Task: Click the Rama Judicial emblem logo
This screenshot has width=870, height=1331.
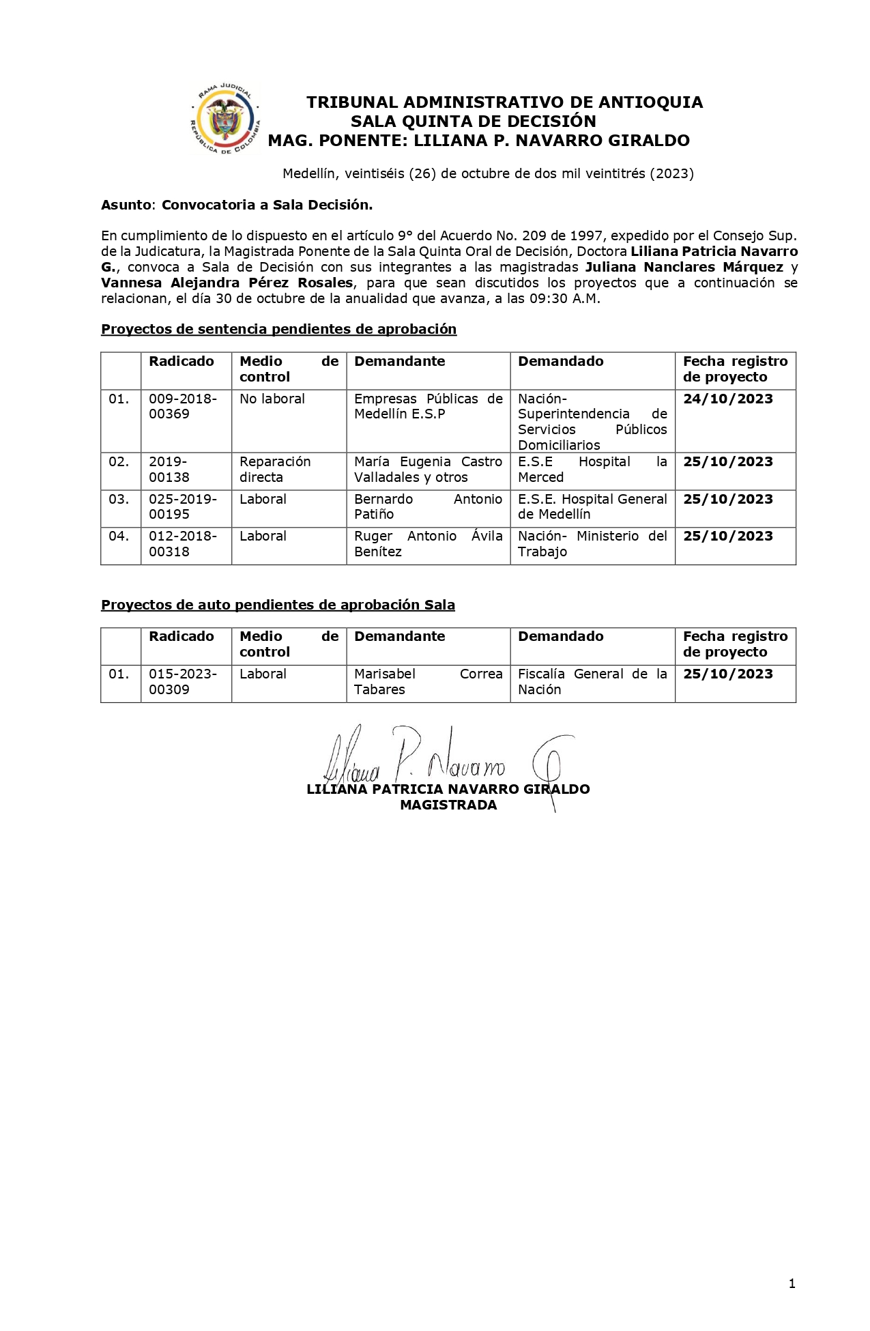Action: tap(225, 119)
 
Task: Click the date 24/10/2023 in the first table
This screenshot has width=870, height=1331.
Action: tap(727, 399)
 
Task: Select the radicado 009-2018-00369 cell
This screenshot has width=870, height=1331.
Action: tap(183, 406)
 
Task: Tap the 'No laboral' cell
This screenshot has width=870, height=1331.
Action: tap(272, 399)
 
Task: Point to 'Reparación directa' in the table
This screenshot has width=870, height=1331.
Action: tap(274, 470)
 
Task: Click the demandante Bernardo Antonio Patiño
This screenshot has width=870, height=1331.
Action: tap(427, 506)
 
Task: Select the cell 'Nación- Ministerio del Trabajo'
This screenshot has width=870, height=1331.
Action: tap(592, 544)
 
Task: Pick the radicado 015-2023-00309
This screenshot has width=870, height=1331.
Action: tap(183, 682)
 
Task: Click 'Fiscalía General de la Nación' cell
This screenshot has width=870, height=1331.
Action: tap(592, 682)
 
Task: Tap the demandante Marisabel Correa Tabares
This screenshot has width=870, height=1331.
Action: tap(427, 682)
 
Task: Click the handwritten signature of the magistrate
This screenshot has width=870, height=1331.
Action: tap(444, 761)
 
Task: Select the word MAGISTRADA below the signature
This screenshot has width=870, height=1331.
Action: tap(448, 805)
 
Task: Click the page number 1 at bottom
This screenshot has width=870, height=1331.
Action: tap(792, 1284)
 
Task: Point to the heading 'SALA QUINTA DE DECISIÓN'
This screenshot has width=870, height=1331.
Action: tap(473, 121)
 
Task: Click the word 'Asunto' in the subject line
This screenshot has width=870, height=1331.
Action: tap(126, 205)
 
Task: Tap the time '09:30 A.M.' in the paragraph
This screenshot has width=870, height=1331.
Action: tap(564, 299)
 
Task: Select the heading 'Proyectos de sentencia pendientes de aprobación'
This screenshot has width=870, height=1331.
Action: tap(278, 329)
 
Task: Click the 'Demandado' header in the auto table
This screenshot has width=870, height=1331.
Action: tap(560, 637)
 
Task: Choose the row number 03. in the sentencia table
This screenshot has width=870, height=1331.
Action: tap(119, 499)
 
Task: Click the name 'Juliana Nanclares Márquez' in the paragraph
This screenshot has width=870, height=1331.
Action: tap(684, 268)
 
